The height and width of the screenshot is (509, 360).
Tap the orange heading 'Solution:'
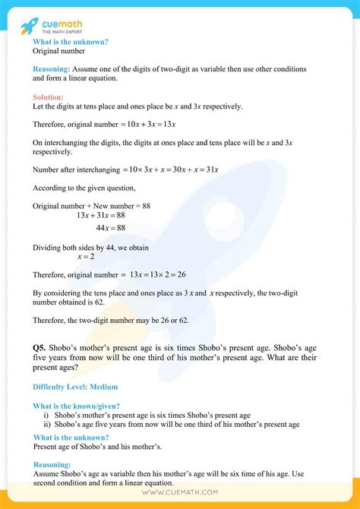click(49, 97)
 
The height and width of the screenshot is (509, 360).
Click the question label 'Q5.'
click(42, 346)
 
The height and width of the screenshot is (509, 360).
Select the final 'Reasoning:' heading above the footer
click(52, 463)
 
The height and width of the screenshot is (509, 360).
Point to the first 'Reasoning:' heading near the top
click(52, 68)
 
